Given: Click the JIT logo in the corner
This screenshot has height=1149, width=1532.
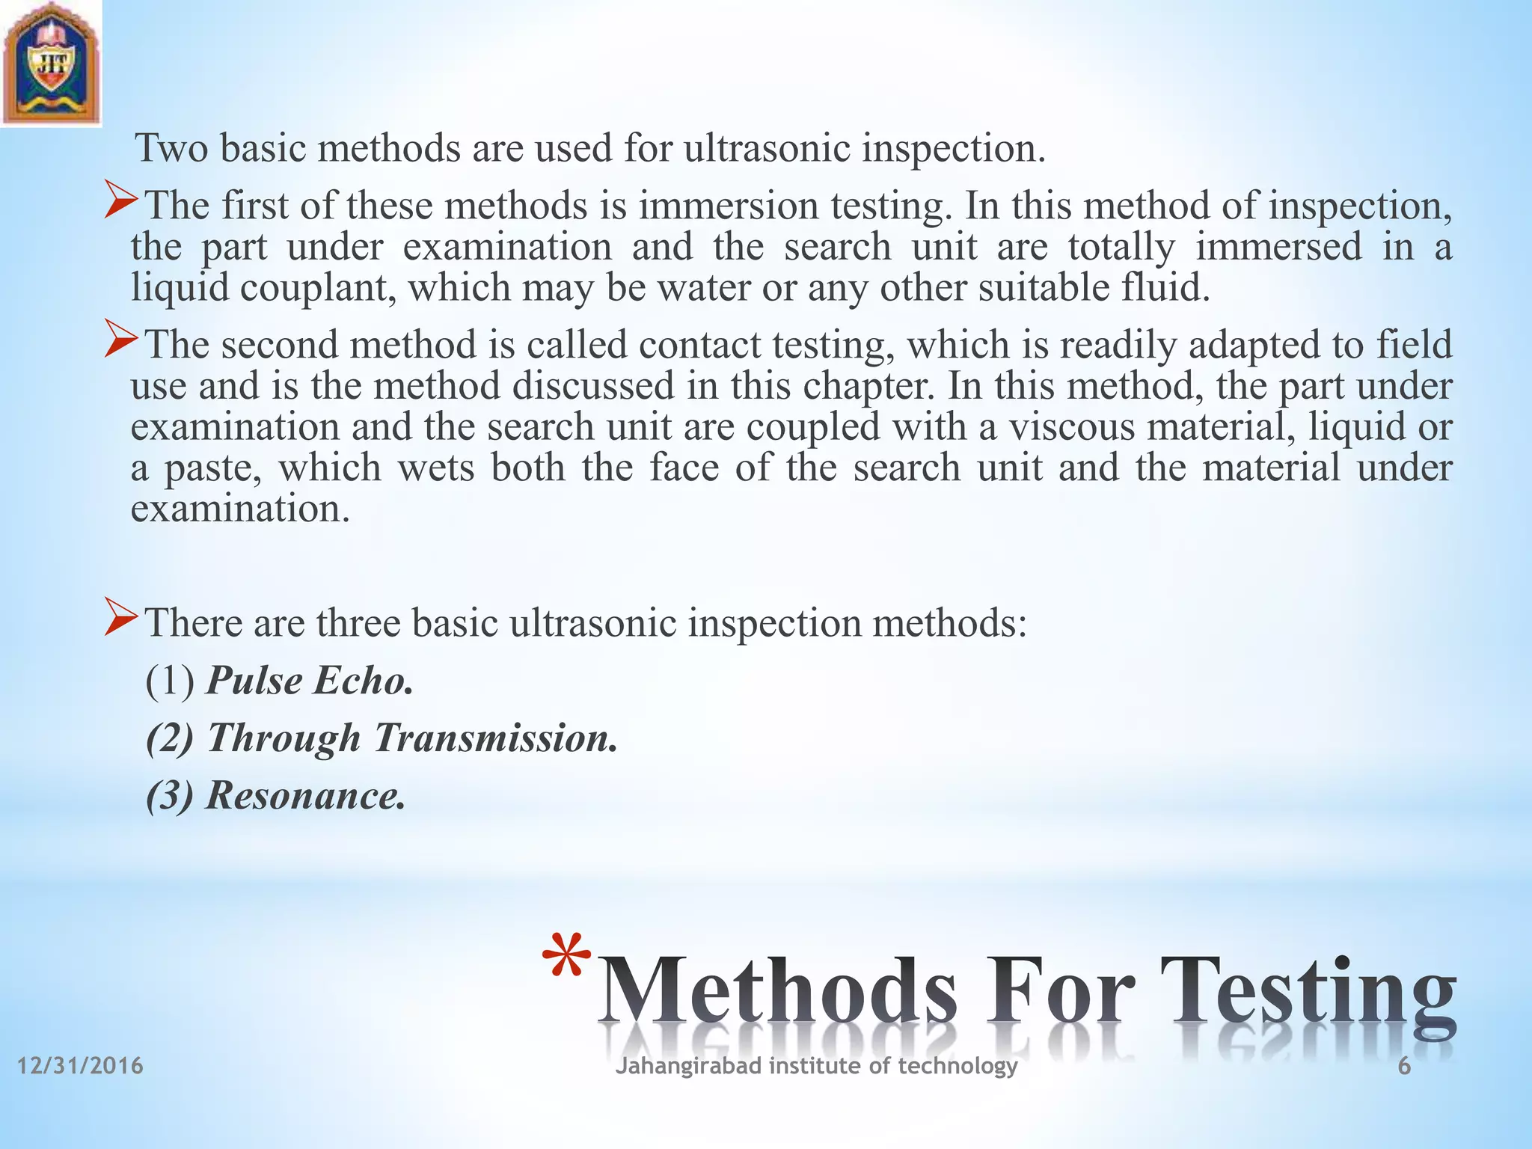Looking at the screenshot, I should point(50,64).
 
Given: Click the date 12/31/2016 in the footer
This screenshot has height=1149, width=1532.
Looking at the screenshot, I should point(80,1065).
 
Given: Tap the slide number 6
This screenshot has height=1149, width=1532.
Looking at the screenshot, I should point(1404,1066).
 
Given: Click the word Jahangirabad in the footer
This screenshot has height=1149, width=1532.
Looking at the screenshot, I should point(688,1066).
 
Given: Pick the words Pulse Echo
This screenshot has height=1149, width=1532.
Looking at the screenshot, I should point(309,681).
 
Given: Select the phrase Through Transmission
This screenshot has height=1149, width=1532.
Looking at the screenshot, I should point(411,738).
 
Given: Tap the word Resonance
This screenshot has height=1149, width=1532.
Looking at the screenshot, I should point(305,794).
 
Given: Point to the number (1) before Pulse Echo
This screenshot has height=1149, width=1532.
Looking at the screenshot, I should point(171,681).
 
